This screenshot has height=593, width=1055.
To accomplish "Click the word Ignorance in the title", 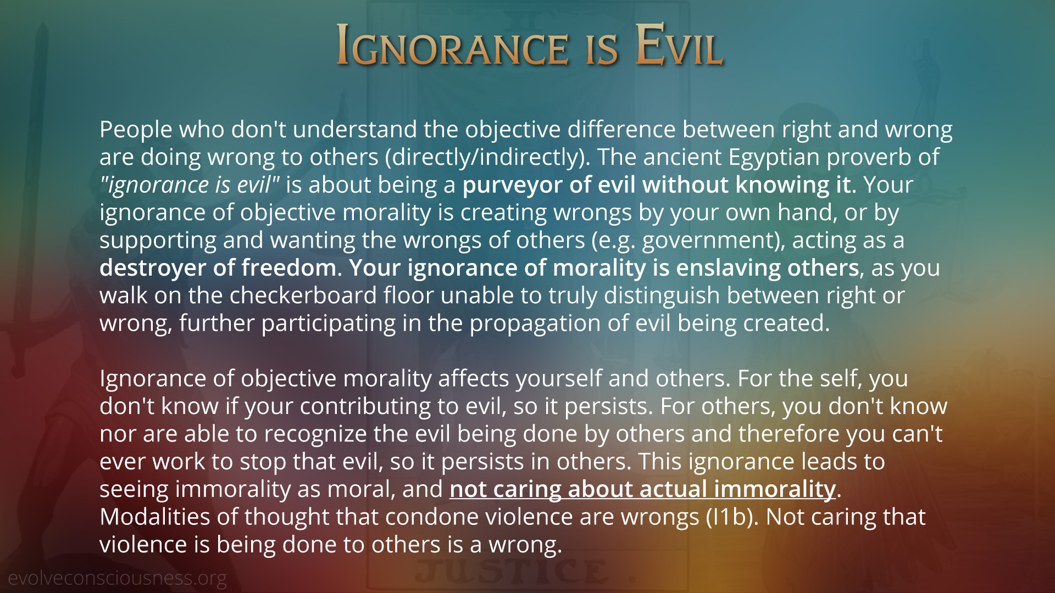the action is pyautogui.click(x=452, y=45).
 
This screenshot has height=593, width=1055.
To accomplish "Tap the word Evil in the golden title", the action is pyautogui.click(x=679, y=45).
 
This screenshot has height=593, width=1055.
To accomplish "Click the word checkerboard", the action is pyautogui.click(x=303, y=295).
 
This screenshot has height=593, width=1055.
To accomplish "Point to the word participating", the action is pyautogui.click(x=329, y=323).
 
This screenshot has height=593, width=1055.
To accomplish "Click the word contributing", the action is pyautogui.click(x=365, y=407).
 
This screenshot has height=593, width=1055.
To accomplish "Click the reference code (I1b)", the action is pyautogui.click(x=732, y=517).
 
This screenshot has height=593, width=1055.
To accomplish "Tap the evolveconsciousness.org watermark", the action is pyautogui.click(x=117, y=578).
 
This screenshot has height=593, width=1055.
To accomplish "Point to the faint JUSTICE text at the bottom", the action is pyautogui.click(x=511, y=572).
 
